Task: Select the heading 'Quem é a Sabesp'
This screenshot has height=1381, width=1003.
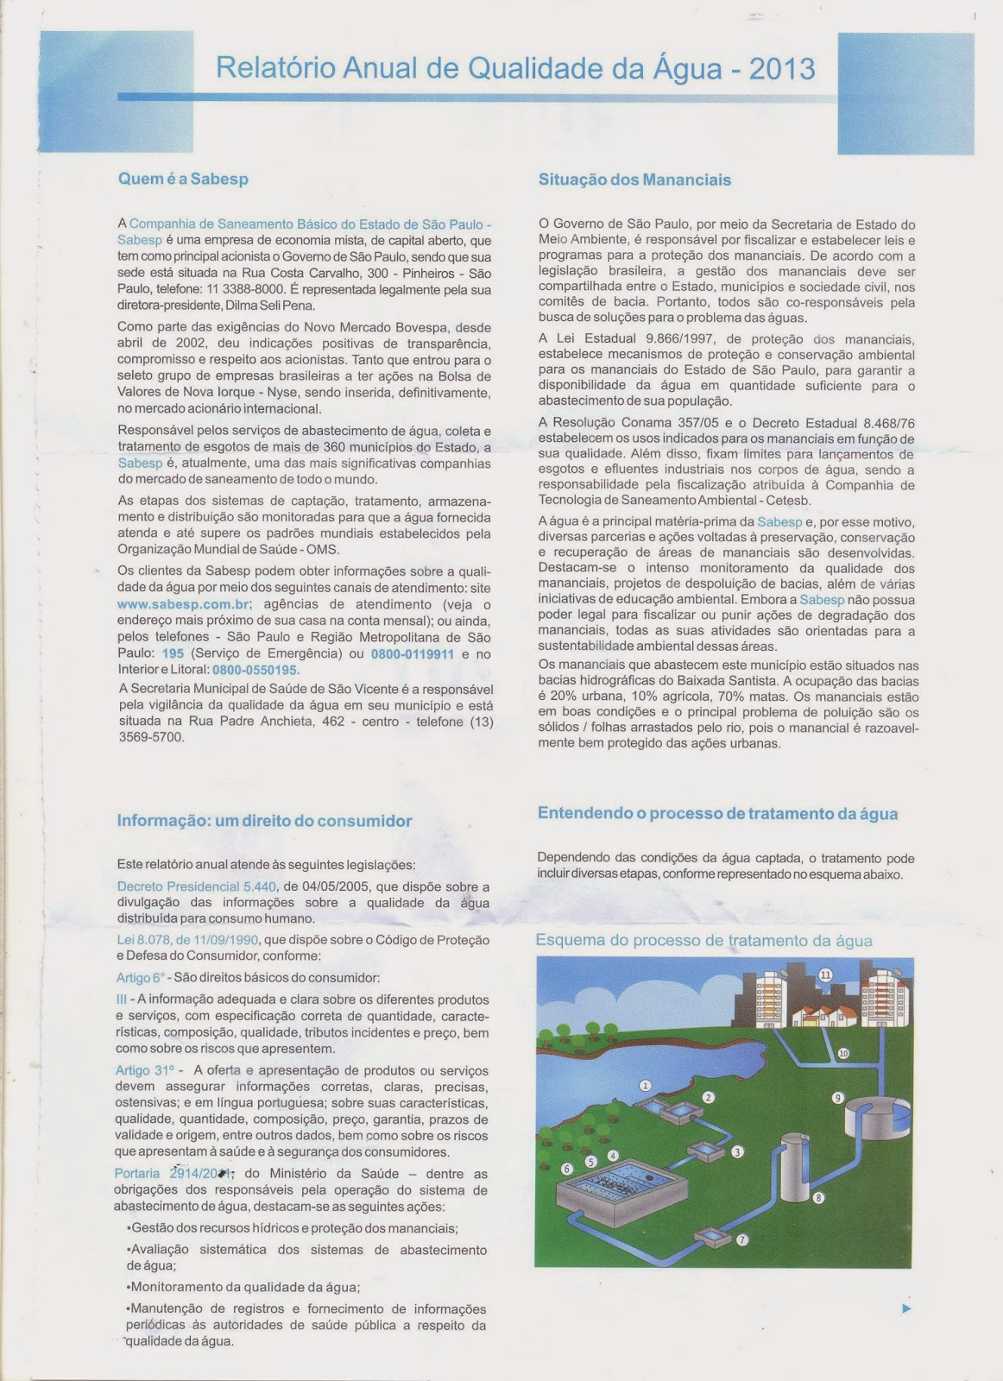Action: (x=183, y=180)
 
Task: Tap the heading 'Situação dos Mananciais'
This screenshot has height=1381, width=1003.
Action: (x=634, y=180)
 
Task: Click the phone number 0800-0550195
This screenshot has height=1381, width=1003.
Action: (x=255, y=670)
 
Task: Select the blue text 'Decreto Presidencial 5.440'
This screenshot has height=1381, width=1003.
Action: (x=196, y=886)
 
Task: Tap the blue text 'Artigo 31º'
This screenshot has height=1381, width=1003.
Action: (x=143, y=1070)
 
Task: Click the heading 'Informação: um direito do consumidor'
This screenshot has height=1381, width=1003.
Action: (x=264, y=821)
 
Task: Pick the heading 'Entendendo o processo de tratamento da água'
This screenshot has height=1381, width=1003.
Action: (x=717, y=813)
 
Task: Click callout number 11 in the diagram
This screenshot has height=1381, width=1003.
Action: (x=825, y=975)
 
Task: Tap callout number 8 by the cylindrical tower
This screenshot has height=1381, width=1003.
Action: (x=818, y=1197)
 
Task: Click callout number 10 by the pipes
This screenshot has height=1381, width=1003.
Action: (x=843, y=1053)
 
